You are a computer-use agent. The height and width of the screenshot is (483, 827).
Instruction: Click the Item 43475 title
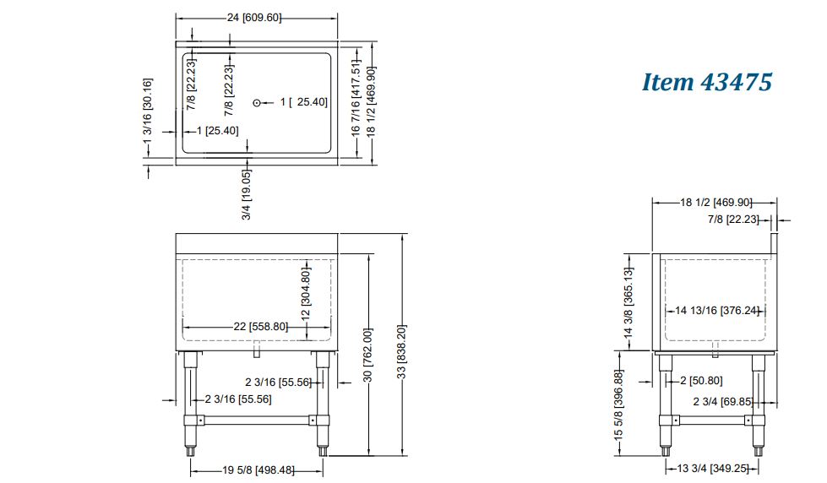(707, 82)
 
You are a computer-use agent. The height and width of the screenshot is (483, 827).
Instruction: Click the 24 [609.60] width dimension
(254, 18)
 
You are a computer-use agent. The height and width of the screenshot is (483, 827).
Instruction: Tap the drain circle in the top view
(257, 103)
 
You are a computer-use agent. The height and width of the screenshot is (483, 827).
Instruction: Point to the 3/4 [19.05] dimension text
(247, 194)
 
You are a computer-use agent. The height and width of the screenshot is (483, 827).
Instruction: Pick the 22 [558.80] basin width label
(260, 327)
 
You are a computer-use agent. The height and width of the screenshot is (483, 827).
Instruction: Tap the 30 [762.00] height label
(368, 355)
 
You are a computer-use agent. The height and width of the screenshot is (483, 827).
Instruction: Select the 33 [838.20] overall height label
(402, 352)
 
